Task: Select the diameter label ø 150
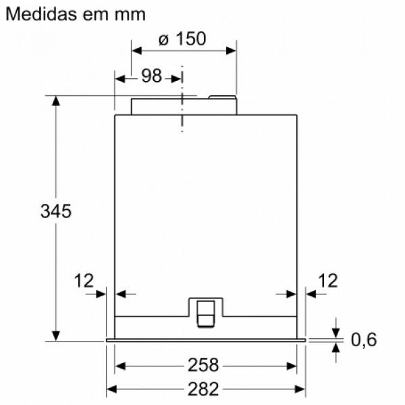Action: coord(182,40)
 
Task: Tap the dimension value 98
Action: coord(151,76)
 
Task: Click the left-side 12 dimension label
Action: coord(85,280)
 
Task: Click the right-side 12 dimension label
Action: coord(327,280)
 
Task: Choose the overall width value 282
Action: coord(205,389)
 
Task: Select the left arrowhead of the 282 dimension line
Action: coord(112,389)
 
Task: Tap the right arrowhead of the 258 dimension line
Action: coord(293,365)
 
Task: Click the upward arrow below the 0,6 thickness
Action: coord(336,347)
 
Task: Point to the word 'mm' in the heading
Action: coord(130,14)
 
